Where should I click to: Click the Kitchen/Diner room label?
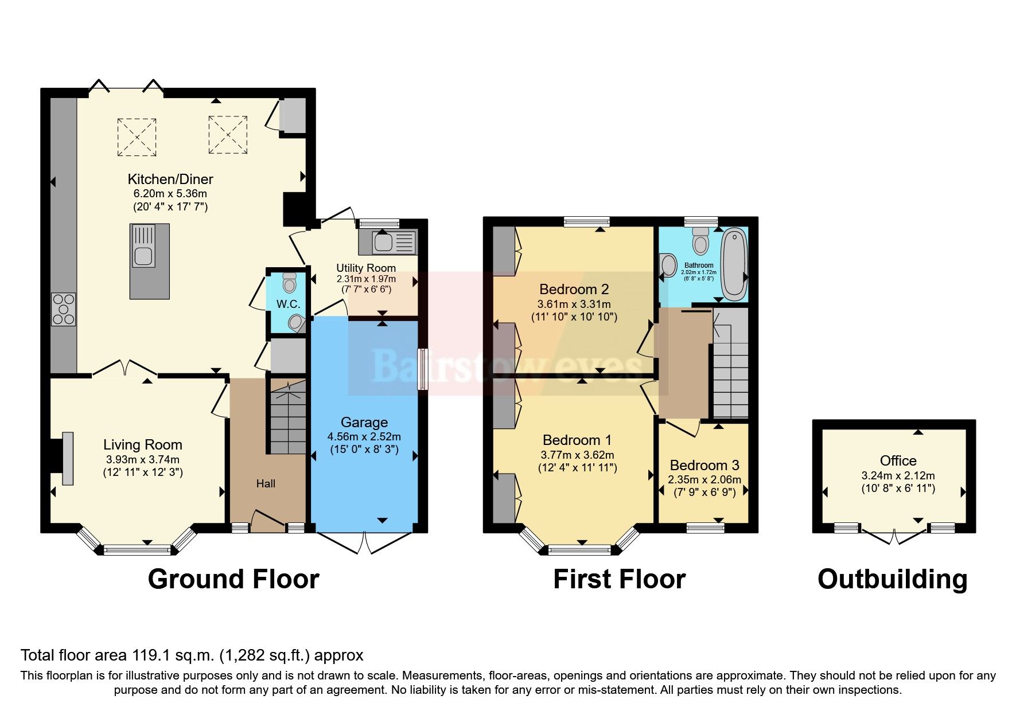170,179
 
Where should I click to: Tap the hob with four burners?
63,309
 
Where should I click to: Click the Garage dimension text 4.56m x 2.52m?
364,437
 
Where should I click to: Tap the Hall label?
266,484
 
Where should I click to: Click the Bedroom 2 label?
574,290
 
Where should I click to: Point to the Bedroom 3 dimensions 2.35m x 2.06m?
704,480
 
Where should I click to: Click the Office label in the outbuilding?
898,461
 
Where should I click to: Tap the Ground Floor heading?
233,579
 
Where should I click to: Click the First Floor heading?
619,579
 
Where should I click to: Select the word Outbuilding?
892,579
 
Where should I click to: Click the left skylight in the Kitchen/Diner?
137,137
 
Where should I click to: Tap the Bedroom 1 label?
577,440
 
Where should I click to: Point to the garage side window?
423,369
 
